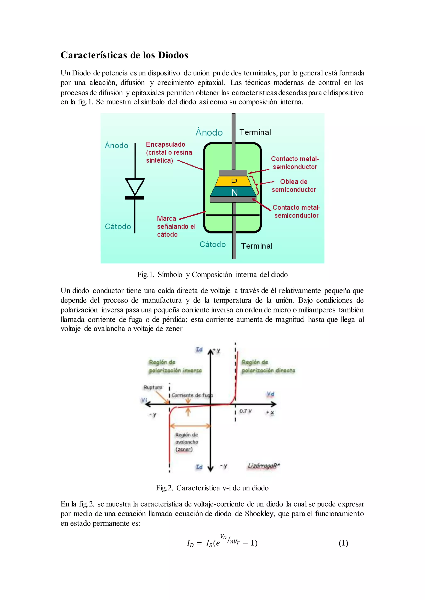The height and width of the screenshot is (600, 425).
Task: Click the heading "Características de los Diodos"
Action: [x=124, y=55]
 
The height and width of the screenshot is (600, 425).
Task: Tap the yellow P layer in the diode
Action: [x=234, y=181]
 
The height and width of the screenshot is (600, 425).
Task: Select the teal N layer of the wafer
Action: [x=234, y=192]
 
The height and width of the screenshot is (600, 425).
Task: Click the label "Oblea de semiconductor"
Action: [x=294, y=186]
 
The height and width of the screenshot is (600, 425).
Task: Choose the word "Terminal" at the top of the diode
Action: [x=255, y=132]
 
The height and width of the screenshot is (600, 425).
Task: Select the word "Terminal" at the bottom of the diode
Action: [x=256, y=246]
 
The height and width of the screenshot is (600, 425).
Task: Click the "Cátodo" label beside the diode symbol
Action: [x=118, y=226]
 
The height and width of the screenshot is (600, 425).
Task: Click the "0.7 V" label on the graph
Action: [x=245, y=411]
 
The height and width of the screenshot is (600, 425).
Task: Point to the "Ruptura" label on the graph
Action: [x=153, y=387]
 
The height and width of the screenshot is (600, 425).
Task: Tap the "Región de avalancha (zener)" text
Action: [x=186, y=442]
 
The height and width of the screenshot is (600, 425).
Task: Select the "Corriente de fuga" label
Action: [x=192, y=395]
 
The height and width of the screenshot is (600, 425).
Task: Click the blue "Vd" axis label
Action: [x=270, y=394]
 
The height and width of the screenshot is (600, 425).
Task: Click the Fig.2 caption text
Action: [x=212, y=488]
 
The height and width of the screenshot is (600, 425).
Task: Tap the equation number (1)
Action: [x=343, y=543]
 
